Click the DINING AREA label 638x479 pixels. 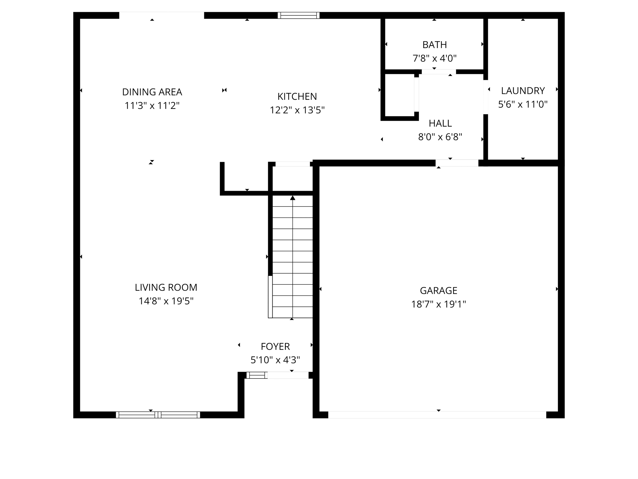pyautogui.click(x=152, y=92)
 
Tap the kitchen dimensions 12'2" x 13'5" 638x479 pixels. pyautogui.click(x=297, y=110)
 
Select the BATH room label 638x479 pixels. pyautogui.click(x=435, y=45)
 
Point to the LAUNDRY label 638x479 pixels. pyautogui.click(x=523, y=91)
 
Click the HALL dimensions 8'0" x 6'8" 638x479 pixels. pyautogui.click(x=440, y=137)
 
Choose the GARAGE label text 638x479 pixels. pyautogui.click(x=438, y=291)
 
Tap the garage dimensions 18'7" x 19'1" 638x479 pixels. pyautogui.click(x=438, y=304)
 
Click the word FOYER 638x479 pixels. pyautogui.click(x=275, y=346)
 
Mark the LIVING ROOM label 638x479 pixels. pyautogui.click(x=166, y=287)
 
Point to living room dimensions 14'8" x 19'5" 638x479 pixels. pyautogui.click(x=166, y=301)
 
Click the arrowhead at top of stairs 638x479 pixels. pyautogui.click(x=293, y=198)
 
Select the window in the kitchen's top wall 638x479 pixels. pyautogui.click(x=298, y=15)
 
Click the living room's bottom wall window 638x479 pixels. pyautogui.click(x=158, y=415)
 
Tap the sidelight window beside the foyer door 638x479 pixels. pyautogui.click(x=257, y=375)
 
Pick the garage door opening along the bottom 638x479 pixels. pyautogui.click(x=437, y=415)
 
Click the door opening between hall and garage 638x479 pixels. pyautogui.click(x=457, y=163)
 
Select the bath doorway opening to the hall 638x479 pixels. pyautogui.click(x=439, y=72)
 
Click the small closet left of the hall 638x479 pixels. pyautogui.click(x=399, y=95)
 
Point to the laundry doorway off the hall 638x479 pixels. pyautogui.click(x=485, y=97)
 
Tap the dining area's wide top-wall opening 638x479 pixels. pyautogui.click(x=161, y=15)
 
